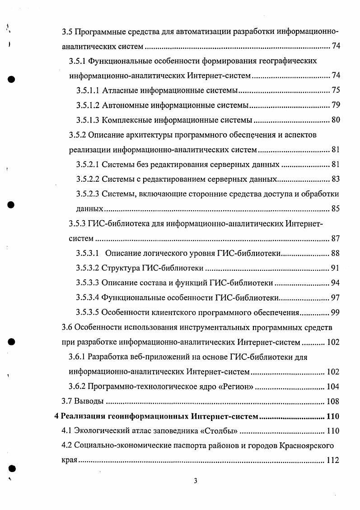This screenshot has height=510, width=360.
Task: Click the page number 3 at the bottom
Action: pos(195,480)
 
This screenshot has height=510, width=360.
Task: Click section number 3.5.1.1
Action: pos(88,91)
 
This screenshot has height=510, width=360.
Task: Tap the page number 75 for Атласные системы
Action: pos(335,91)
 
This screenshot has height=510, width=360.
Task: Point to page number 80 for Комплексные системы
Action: pos(335,120)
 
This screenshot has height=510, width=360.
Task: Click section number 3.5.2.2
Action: pos(88,179)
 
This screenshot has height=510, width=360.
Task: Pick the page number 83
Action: pos(335,179)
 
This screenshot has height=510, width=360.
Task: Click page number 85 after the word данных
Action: pos(335,208)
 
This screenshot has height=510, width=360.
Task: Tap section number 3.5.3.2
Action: pos(88,268)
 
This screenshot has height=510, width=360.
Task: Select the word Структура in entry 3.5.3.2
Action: pos(122,268)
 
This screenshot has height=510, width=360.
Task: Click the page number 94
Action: pos(335,283)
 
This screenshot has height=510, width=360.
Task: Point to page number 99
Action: pos(335,312)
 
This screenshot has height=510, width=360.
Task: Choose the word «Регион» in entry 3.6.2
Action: pos(236,387)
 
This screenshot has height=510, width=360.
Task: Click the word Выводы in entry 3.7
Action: pos(89,401)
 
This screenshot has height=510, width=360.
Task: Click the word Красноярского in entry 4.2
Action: pos(307,446)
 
